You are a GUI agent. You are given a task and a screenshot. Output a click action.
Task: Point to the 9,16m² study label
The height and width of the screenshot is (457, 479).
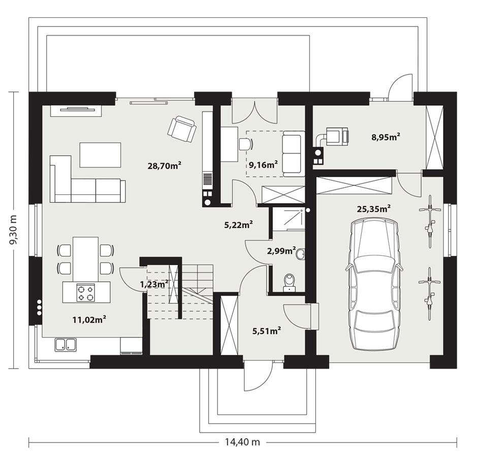click(x=263, y=164)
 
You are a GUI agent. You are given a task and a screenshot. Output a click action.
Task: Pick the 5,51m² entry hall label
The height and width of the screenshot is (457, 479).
click(x=267, y=331)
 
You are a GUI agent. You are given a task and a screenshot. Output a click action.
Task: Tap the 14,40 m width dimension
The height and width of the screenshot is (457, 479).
click(x=242, y=442)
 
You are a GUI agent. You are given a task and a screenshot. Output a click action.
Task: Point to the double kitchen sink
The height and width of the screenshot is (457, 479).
click(x=66, y=344)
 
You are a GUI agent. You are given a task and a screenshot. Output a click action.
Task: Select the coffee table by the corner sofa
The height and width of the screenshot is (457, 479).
click(x=100, y=154)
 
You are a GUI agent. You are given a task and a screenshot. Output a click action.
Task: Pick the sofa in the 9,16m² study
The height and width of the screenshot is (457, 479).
click(x=293, y=153)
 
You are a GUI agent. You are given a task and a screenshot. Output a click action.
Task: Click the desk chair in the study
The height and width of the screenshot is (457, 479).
click(x=246, y=144)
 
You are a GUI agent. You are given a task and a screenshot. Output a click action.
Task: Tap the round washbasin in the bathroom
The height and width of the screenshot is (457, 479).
click(x=301, y=253)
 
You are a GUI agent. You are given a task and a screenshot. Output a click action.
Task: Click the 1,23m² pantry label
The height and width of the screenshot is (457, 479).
click(x=154, y=285)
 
